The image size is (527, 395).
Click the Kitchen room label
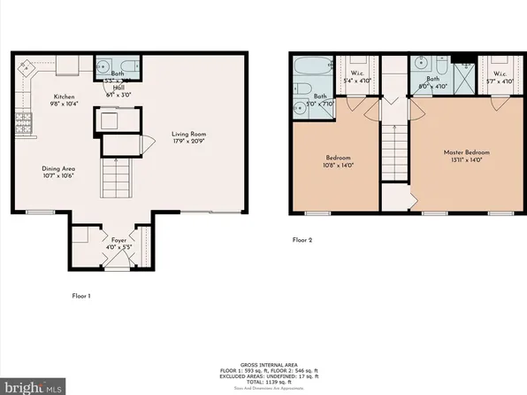click(63, 97)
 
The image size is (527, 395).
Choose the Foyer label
click(118, 239)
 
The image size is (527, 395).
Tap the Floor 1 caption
click(81, 295)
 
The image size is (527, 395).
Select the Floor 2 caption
click(302, 239)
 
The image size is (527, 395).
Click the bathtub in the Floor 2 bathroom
click(310, 68)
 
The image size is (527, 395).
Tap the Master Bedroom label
click(466, 152)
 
